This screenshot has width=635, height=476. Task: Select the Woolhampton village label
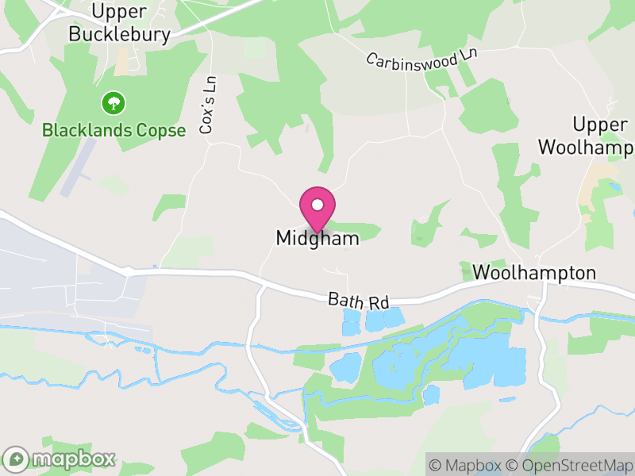pyautogui.click(x=533, y=273)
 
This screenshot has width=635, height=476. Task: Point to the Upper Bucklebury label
pyautogui.click(x=119, y=23)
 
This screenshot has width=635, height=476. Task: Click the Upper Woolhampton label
pyautogui.click(x=588, y=136)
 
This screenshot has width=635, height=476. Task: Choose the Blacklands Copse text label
pyautogui.click(x=114, y=130)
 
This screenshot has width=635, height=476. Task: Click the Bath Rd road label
pyautogui.click(x=359, y=301)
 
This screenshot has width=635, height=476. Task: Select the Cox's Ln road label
pyautogui.click(x=208, y=104)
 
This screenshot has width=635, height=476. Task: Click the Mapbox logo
pyautogui.click(x=60, y=459)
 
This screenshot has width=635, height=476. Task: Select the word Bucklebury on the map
pyautogui.click(x=119, y=34)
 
